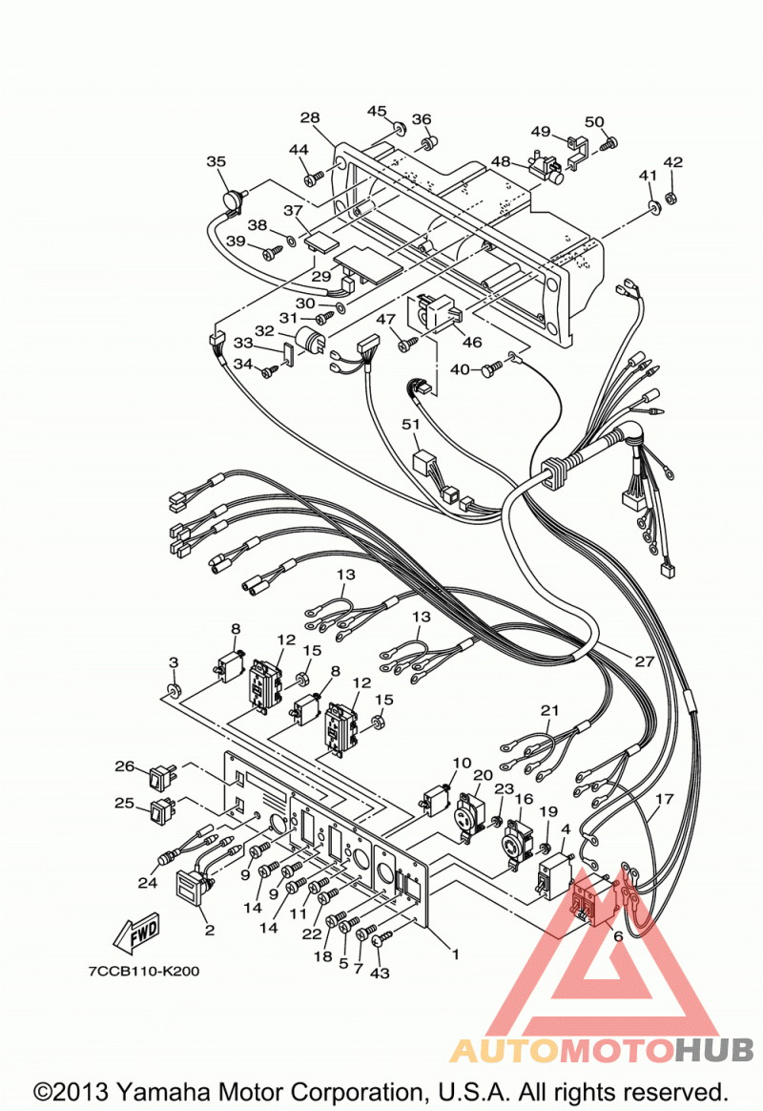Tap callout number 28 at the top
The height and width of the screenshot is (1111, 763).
coord(310,117)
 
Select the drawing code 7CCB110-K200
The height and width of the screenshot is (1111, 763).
coord(144,971)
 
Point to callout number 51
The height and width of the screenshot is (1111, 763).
coord(410,424)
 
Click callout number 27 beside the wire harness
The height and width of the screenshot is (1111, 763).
coord(644,661)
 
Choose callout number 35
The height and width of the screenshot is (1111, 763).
coord(216,161)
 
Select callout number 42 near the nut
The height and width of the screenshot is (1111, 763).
coord(672,161)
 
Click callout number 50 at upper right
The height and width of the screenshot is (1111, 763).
coord(594,121)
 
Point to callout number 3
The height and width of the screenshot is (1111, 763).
coord(174,662)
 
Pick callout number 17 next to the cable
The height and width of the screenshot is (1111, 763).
coord(664,799)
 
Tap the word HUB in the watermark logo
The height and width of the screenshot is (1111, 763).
coord(713,1049)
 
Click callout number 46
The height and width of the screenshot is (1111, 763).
coord(472,343)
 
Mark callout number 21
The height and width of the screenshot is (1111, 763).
coord(550,709)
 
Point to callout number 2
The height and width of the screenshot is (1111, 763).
coord(210,930)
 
